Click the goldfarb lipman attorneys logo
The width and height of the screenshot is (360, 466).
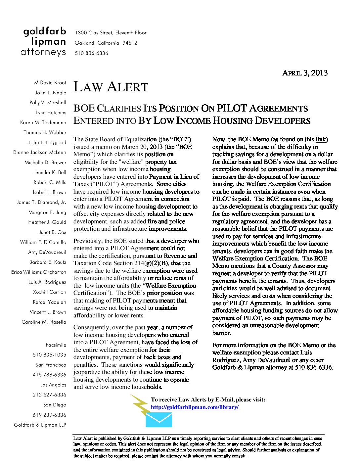coord(44,42)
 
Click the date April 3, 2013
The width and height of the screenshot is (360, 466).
coord(304,73)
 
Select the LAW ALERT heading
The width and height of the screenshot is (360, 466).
coord(111,87)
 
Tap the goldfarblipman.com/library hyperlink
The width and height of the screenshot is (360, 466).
coord(195,407)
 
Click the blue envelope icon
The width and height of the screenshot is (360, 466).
coord(159,420)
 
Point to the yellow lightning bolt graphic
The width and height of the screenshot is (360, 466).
coord(141,404)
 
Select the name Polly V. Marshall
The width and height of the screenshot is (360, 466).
coord(48,103)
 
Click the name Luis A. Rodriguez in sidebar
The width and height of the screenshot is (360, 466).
coord(47,282)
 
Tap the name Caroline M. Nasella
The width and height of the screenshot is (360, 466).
coord(44,322)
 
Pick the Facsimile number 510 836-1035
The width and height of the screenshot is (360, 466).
coord(49,355)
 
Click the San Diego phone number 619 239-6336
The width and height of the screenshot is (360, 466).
coord(49,415)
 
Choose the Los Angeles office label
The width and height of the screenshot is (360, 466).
coord(53,385)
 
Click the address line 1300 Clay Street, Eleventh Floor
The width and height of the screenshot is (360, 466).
coord(111,33)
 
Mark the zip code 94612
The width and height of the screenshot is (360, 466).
coord(130,43)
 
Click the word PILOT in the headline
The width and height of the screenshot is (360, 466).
coord(232,109)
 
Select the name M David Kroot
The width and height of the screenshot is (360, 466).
coord(50,83)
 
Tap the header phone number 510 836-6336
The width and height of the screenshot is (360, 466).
coord(91,53)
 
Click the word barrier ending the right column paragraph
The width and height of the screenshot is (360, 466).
coord(221,333)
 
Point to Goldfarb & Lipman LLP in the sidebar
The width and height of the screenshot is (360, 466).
coord(40,425)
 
